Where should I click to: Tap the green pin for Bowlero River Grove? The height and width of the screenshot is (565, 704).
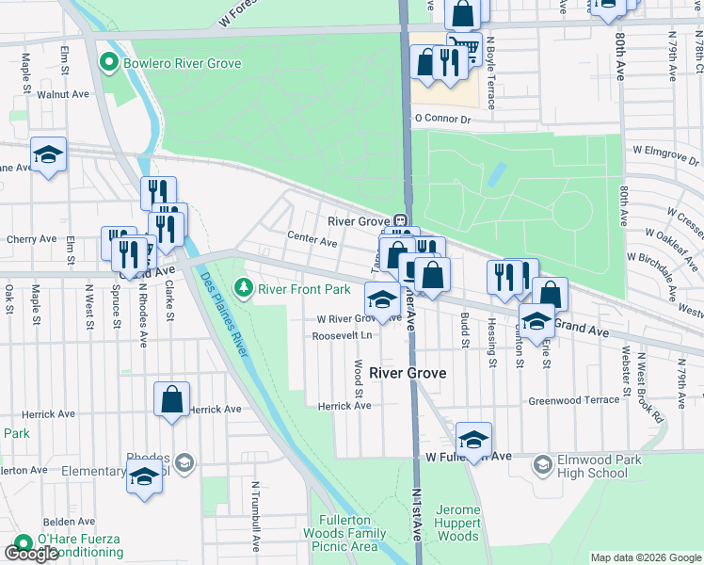tap(107, 64)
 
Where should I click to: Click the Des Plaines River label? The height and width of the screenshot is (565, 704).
tap(222, 314)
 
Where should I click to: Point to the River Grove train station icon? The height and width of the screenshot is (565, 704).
tap(400, 221)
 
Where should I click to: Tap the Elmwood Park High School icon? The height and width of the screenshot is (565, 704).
tap(542, 464)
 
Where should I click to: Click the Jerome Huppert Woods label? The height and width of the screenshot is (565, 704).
tap(458, 523)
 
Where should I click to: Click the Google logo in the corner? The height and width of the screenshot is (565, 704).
tap(31, 554)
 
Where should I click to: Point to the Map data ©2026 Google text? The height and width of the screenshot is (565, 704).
tap(646, 558)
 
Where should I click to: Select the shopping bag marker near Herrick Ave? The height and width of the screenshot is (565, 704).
tap(172, 398)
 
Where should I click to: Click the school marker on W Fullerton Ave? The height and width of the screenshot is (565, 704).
tap(473, 439)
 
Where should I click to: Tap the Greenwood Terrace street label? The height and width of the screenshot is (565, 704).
tap(574, 399)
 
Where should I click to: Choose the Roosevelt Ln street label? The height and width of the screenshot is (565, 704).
tap(342, 335)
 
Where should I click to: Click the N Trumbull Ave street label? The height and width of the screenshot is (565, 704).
tap(254, 517)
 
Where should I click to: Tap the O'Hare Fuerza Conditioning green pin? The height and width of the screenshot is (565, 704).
tap(21, 543)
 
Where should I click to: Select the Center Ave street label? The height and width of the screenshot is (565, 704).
tap(312, 241)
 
